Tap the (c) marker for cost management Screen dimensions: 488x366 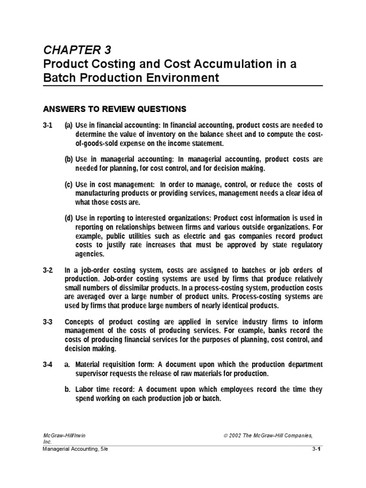pos(69,184)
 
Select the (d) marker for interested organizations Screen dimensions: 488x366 pos(69,218)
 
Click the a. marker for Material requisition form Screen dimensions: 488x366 pos(68,365)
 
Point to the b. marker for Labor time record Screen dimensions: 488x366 pos(68,389)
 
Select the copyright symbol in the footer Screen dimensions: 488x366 pos(226,436)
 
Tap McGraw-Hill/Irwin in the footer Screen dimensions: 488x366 pos(64,436)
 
